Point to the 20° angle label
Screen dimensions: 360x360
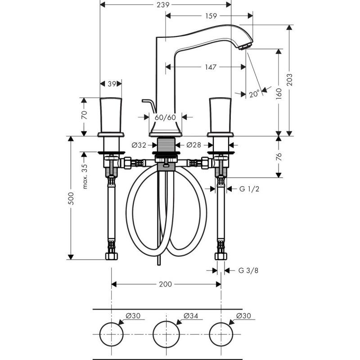(254, 94)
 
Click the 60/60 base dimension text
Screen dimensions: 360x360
(166, 117)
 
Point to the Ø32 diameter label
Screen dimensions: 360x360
(139, 145)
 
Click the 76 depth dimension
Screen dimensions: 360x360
(279, 156)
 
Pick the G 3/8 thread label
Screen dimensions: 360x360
(248, 270)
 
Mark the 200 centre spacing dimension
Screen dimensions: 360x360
(165, 284)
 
